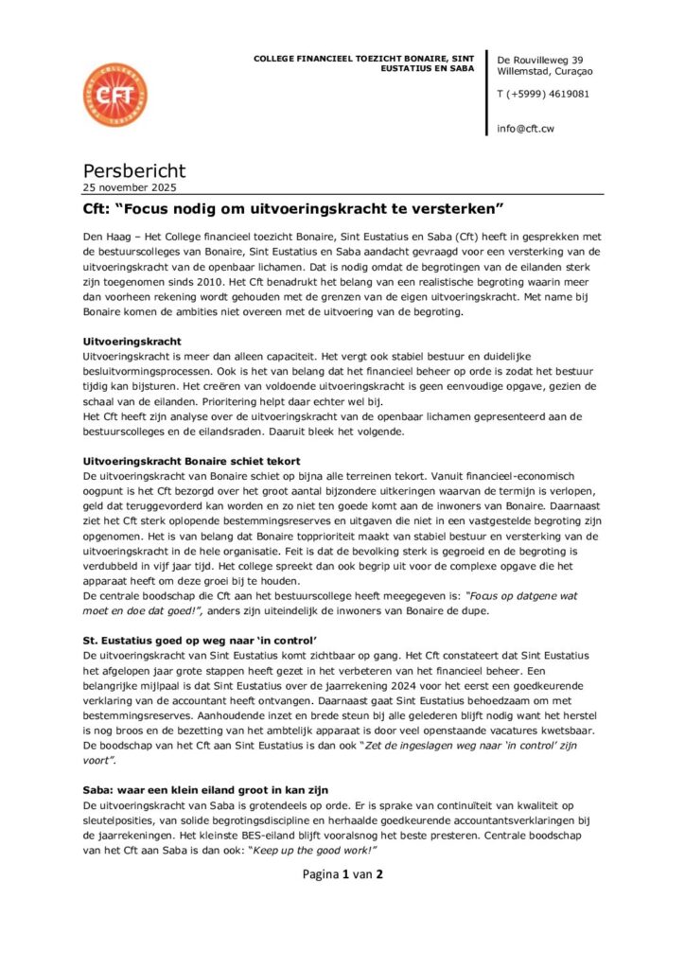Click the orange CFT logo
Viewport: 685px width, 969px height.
coord(115,96)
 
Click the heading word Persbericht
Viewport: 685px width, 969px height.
coord(134,171)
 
